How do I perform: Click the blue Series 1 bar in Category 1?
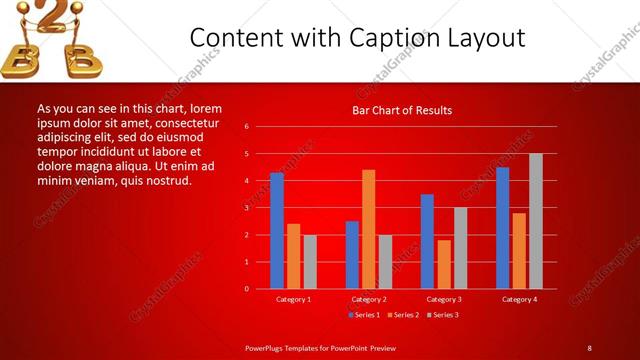click(x=277, y=231)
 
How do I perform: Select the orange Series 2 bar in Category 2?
click(x=368, y=229)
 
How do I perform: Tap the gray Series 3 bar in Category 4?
click(x=535, y=221)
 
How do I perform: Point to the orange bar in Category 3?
click(x=443, y=264)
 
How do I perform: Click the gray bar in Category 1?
click(x=309, y=262)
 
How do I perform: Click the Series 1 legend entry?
click(x=366, y=315)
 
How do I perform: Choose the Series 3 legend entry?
click(x=443, y=315)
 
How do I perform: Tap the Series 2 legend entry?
click(x=404, y=315)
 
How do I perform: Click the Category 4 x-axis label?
click(x=518, y=299)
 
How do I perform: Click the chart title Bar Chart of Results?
click(x=402, y=110)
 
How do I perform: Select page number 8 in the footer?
click(x=590, y=347)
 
